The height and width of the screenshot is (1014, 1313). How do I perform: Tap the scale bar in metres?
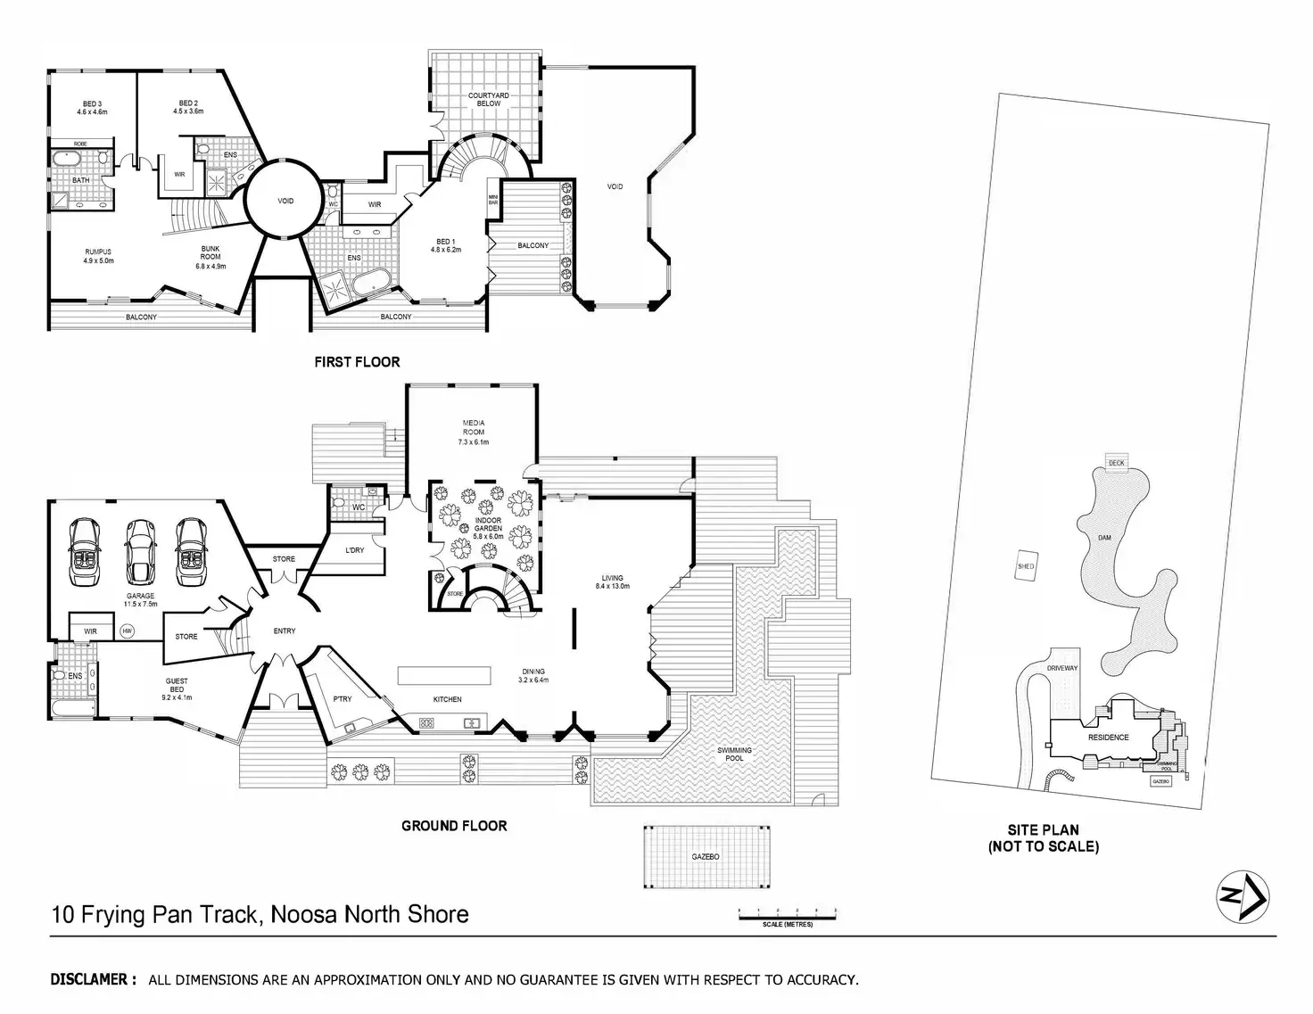[x=787, y=914]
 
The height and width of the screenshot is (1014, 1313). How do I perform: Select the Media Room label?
[x=473, y=432]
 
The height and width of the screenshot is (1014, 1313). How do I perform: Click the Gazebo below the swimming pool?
[x=705, y=856]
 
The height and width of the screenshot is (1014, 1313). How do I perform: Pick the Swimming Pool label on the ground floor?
[x=734, y=754]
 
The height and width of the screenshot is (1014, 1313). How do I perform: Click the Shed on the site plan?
[x=1026, y=566]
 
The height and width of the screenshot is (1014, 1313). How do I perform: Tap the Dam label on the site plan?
[x=1104, y=538]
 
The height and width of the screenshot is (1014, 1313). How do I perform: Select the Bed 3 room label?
[x=92, y=108]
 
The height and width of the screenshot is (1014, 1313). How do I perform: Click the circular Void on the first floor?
[x=285, y=201]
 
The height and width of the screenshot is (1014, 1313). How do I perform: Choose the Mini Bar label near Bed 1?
[x=492, y=199]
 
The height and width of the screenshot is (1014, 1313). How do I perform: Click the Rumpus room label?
[x=98, y=256]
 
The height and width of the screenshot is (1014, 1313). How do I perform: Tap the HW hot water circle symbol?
[x=127, y=631]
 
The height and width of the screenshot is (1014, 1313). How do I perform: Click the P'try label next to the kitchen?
[x=342, y=699]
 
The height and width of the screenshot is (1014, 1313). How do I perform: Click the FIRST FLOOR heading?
[x=357, y=362]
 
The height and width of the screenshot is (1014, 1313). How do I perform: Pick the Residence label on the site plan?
[x=1108, y=738]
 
